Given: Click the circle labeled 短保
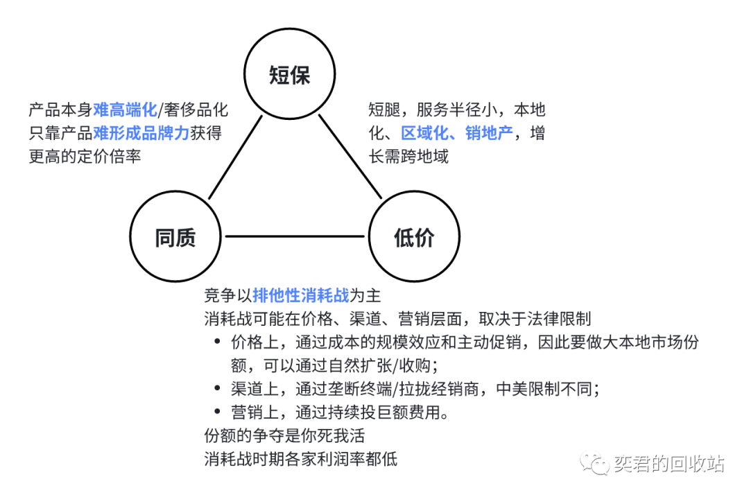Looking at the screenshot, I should [289, 76].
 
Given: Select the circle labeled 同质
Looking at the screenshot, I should [175, 238].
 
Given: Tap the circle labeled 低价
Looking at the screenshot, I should [414, 238].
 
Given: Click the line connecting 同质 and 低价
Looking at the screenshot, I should [294, 237].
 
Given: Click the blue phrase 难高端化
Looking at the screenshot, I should [126, 110].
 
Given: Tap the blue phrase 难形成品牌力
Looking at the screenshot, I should [141, 133].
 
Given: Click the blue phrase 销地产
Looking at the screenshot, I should [489, 133].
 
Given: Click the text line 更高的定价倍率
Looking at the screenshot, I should [85, 156].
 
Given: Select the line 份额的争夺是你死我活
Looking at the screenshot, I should [284, 436].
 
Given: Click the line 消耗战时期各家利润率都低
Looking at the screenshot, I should [300, 459].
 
